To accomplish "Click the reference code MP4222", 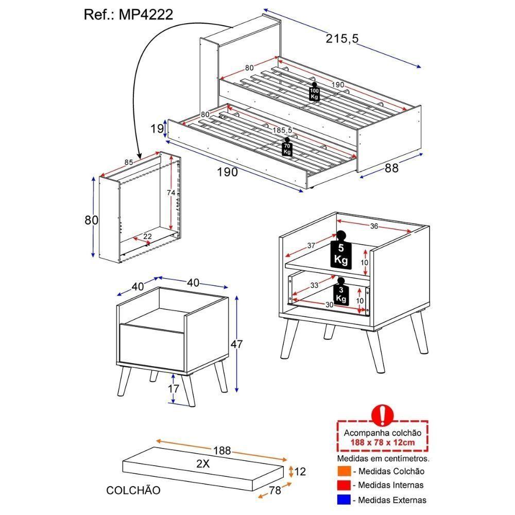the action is (146, 14).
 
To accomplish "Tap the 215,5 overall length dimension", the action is (342, 39).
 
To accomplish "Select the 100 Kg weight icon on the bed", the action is (314, 92).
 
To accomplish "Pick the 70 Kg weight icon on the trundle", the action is (287, 147).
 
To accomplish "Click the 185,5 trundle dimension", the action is (282, 130).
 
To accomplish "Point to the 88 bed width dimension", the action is (391, 168).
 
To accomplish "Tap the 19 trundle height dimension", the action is (157, 129).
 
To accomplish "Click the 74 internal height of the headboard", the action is (171, 193).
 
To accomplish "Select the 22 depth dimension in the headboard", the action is (147, 236).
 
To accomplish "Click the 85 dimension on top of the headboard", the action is (128, 162).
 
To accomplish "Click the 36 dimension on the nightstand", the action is (374, 226).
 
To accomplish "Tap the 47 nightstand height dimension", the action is (236, 344).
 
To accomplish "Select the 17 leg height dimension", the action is (174, 388).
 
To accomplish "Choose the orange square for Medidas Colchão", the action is (344, 471).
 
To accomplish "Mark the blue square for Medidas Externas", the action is (344, 500).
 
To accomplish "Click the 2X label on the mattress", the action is (203, 463).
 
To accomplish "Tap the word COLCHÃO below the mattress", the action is (133, 490).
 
